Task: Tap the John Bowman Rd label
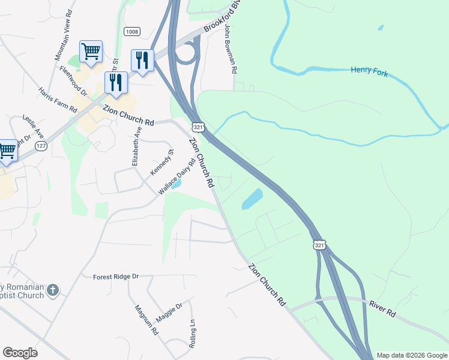(x=231, y=49)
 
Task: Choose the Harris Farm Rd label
(x=58, y=100)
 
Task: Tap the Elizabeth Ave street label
(x=137, y=146)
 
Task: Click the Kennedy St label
(x=161, y=163)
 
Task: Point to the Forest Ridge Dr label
(x=116, y=277)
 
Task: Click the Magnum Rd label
(x=146, y=320)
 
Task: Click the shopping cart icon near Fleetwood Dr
(x=91, y=52)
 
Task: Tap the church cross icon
(x=53, y=290)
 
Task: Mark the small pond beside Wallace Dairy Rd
(x=176, y=184)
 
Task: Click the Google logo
(x=20, y=353)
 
